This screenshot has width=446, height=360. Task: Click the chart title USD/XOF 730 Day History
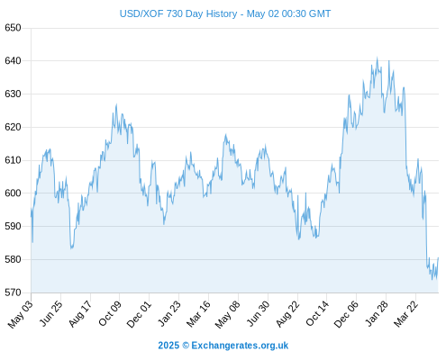[178, 13]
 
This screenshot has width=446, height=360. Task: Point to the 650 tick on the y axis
[13, 28]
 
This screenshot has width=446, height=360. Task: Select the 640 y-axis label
[13, 61]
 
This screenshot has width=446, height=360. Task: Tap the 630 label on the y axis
[13, 94]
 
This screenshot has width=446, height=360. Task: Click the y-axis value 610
[13, 160]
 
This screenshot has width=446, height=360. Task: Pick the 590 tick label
[13, 226]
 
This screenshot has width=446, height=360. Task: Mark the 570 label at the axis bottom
[13, 292]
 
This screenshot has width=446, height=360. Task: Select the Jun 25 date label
[51, 313]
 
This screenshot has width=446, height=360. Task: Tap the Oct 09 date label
[110, 313]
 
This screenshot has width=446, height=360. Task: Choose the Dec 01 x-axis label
[139, 314]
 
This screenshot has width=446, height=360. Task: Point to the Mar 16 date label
[198, 313]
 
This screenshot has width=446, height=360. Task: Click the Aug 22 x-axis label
[287, 313]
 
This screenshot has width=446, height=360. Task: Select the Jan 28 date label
[377, 313]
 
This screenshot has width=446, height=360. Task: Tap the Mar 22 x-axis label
[406, 313]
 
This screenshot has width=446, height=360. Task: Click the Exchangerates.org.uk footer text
[240, 346]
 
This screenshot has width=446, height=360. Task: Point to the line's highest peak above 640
[378, 58]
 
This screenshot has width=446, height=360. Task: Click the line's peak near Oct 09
[116, 104]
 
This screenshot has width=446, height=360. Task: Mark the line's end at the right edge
[438, 257]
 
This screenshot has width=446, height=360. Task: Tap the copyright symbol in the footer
[186, 346]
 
